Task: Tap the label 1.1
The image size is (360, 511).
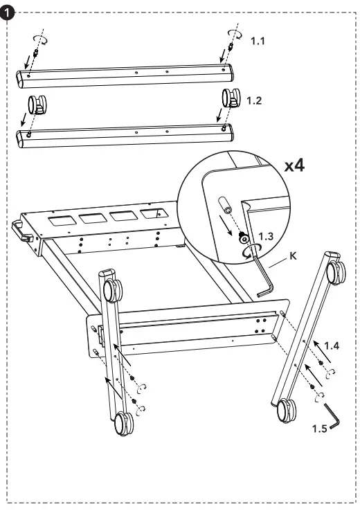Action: pos(257,42)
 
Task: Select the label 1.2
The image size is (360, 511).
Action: pos(255,101)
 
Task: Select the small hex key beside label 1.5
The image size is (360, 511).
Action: pos(333,418)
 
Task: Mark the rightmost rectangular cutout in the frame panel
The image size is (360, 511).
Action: pos(154,214)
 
